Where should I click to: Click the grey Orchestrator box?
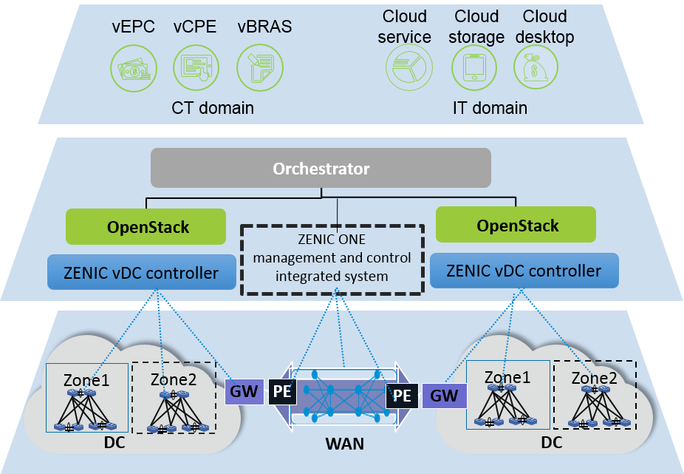pos(321,169)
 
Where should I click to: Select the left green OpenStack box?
pos(146,227)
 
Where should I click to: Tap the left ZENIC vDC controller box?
pos(142,273)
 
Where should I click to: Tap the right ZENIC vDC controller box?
pos(524,271)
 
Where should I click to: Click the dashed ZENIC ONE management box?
pos(331,260)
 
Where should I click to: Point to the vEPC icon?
pos(134,67)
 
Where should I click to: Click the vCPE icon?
pos(196,67)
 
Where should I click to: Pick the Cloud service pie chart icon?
pos(408,67)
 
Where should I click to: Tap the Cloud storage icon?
pos(473,67)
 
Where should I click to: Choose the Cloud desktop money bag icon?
pos(536,67)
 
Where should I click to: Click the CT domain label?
pos(213,108)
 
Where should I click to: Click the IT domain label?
pos(490,108)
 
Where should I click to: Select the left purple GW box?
pos(244,391)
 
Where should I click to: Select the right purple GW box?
pos(444,395)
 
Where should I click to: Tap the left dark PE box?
pos(282,391)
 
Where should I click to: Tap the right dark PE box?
pos(401,396)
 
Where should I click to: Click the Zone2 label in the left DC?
pos(173,379)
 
